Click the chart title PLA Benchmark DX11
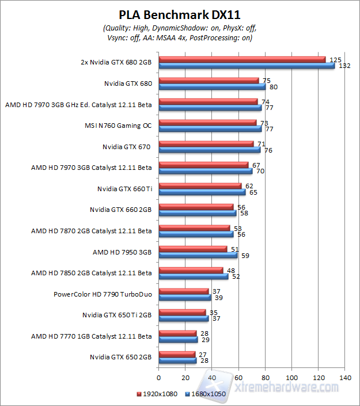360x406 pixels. point(180,14)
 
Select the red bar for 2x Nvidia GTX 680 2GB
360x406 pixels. point(242,59)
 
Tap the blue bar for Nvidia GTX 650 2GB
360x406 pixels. point(177,361)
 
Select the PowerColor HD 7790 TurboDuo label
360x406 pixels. point(103,294)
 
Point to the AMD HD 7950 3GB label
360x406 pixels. point(122,252)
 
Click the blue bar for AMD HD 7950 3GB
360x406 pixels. point(198,255)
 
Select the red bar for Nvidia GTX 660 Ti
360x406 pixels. point(200,185)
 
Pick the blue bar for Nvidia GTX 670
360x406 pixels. point(209,150)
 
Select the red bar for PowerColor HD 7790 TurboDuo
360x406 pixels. point(183,291)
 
